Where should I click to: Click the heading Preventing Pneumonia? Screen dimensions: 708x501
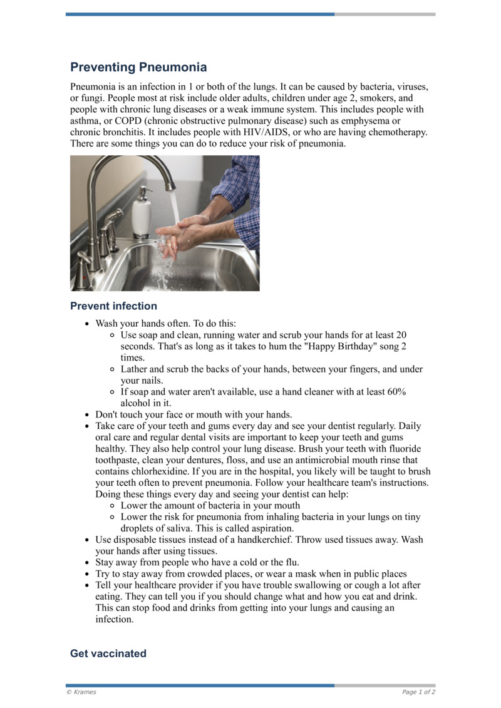pyautogui.click(x=138, y=67)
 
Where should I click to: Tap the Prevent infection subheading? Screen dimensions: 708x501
pyautogui.click(x=113, y=306)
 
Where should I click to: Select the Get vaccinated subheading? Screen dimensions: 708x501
pyautogui.click(x=108, y=654)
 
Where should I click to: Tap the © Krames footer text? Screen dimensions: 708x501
pyautogui.click(x=81, y=692)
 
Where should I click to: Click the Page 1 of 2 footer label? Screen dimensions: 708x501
pyautogui.click(x=418, y=692)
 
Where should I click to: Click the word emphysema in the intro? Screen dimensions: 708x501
pyautogui.click(x=364, y=121)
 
